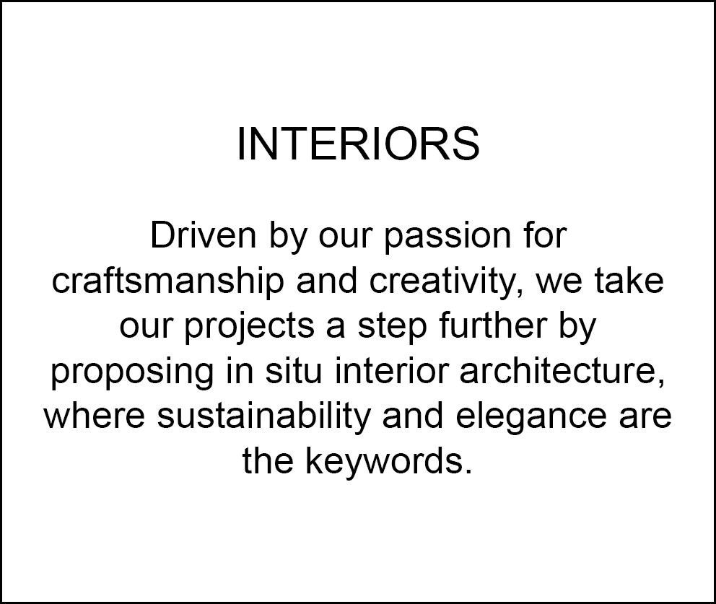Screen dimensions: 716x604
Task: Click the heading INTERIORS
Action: click(x=359, y=144)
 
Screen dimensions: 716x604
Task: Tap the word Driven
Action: click(x=204, y=235)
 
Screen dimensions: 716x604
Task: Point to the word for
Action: click(x=545, y=235)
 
